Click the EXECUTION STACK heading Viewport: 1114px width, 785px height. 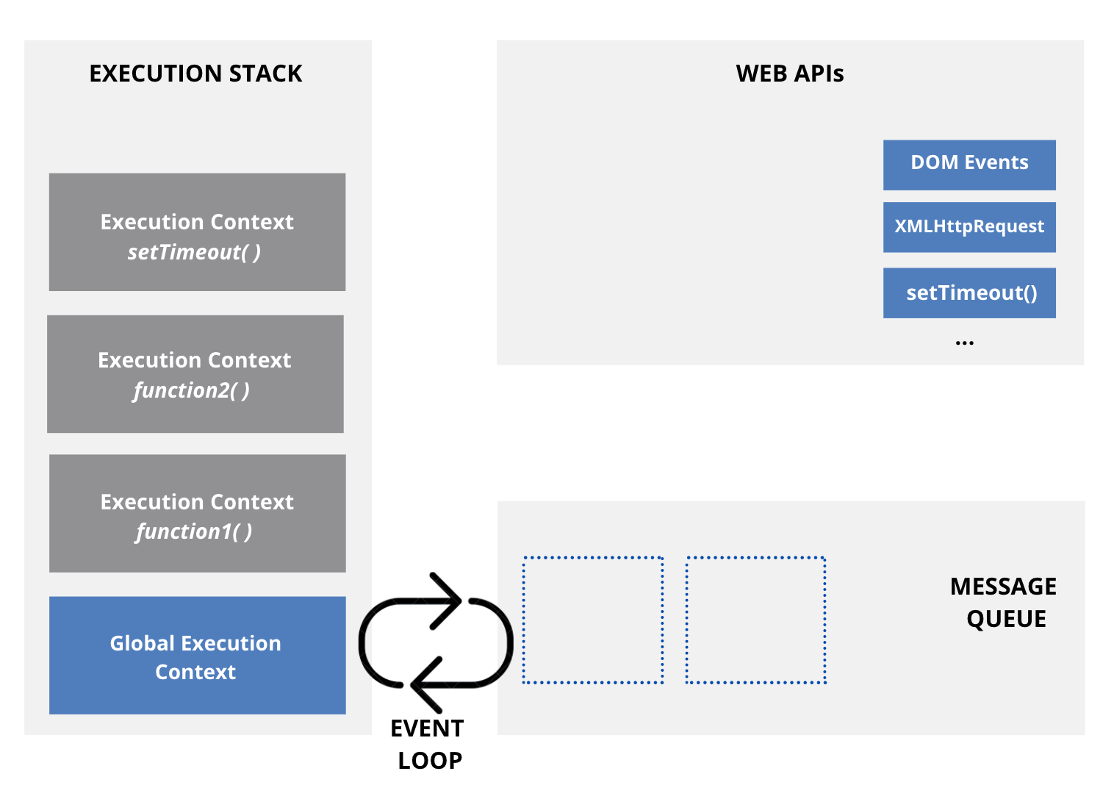coord(195,74)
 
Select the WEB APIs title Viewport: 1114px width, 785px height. coord(789,74)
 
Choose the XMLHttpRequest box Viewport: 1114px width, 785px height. coord(969,227)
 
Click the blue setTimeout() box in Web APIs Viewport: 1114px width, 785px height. coord(969,293)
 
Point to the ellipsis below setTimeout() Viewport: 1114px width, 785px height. coord(964,343)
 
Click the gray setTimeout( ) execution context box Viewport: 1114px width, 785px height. coord(197,232)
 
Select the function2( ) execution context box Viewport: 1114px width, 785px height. coord(195,373)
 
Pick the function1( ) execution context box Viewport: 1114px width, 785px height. coord(197,513)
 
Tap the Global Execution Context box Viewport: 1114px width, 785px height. coord(197,655)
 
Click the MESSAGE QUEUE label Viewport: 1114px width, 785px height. coord(1004,602)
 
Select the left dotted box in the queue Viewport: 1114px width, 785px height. coord(593,620)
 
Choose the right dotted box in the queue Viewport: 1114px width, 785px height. coord(755,620)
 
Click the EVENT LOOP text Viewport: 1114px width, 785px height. coord(428,744)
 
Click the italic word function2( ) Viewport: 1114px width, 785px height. coord(191,390)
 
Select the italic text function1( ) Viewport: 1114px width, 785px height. coord(193,531)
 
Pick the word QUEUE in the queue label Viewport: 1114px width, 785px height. coord(1006,619)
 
